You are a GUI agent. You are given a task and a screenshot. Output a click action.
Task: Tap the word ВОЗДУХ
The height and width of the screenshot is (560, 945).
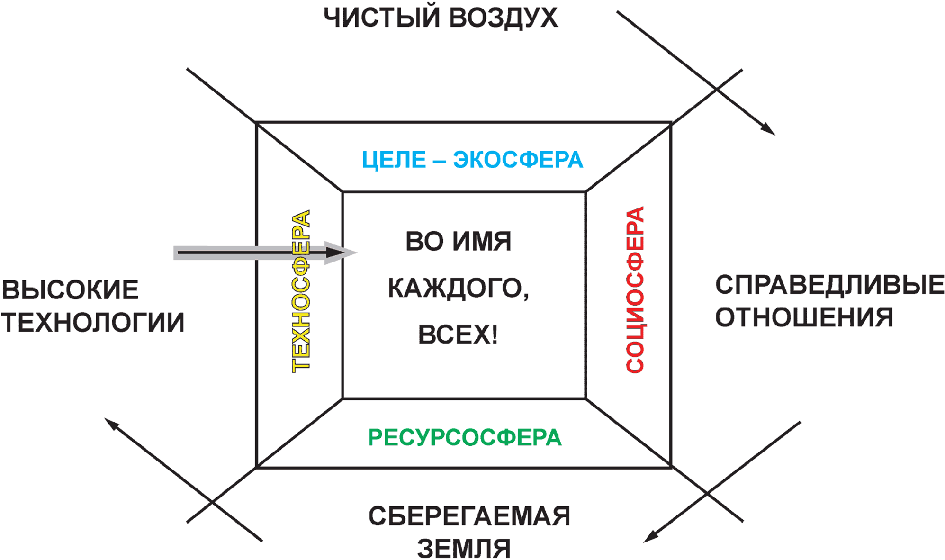(503, 18)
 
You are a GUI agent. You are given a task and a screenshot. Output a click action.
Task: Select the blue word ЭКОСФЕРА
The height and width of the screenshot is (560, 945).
(518, 160)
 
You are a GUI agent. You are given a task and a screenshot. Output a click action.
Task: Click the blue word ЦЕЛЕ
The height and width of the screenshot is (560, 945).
(394, 160)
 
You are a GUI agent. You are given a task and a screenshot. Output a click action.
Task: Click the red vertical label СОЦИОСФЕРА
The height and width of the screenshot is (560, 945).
(635, 290)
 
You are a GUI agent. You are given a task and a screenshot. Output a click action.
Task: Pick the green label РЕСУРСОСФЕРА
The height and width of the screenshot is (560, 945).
(465, 438)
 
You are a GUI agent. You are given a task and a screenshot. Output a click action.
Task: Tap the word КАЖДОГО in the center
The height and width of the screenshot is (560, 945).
(458, 288)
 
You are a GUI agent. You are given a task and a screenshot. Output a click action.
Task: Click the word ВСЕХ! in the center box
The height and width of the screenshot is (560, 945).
(458, 335)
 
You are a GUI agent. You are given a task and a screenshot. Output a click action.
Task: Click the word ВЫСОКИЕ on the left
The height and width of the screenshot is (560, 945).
(70, 290)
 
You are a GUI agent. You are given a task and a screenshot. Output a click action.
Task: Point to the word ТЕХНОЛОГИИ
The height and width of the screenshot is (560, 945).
(92, 323)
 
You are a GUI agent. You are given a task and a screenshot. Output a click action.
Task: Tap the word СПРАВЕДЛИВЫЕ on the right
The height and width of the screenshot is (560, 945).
(830, 285)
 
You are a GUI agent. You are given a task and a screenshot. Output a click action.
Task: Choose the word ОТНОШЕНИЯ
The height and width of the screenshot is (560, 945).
(804, 317)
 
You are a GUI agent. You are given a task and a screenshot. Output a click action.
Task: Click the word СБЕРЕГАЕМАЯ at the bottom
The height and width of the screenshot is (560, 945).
(469, 516)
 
